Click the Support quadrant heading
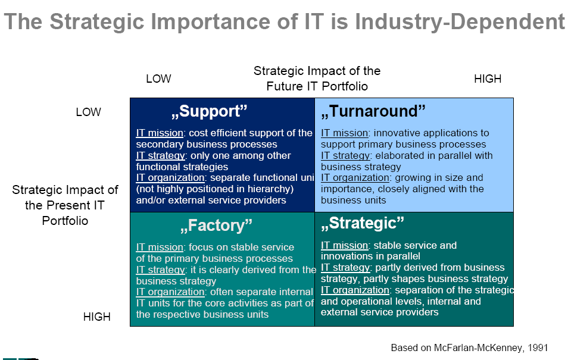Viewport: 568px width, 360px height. click(x=209, y=111)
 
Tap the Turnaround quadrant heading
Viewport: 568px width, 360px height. click(x=373, y=111)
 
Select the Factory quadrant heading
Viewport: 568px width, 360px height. click(x=216, y=226)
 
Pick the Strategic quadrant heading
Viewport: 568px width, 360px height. click(x=362, y=223)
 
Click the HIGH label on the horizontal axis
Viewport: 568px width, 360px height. click(x=488, y=79)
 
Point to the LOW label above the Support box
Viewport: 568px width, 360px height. click(x=158, y=79)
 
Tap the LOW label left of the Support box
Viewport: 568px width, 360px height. click(x=88, y=112)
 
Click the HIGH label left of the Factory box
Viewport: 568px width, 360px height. click(x=96, y=317)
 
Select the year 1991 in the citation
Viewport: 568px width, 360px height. click(x=538, y=348)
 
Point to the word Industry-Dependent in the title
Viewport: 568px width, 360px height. click(x=460, y=22)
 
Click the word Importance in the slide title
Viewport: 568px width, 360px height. click(x=210, y=22)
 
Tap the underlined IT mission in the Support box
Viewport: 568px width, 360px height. click(x=160, y=133)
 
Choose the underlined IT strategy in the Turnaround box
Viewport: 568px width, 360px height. click(x=345, y=156)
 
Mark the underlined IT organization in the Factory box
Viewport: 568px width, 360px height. click(x=170, y=292)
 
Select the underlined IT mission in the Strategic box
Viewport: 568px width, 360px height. click(x=345, y=245)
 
